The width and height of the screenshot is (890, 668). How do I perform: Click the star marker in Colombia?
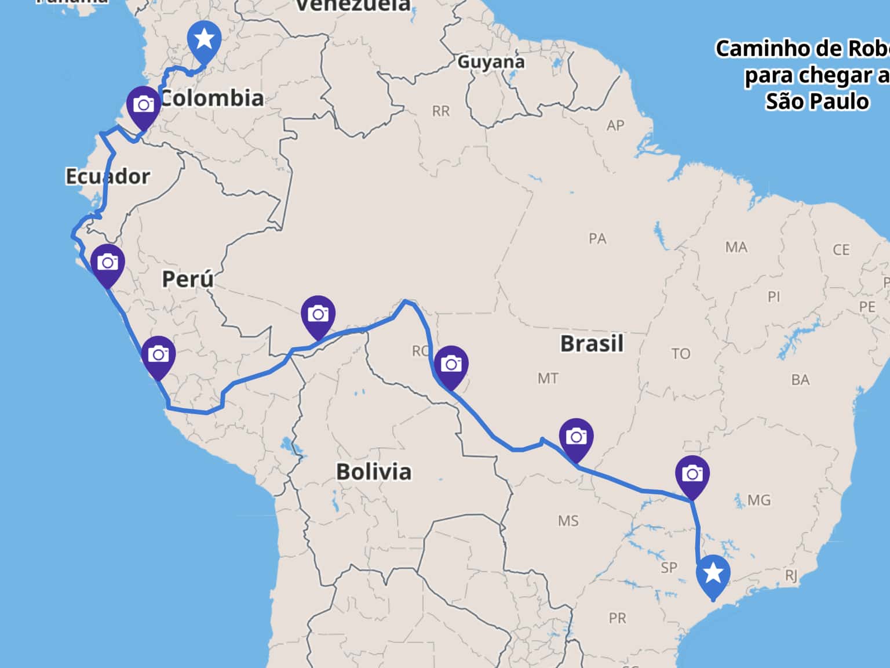click(x=204, y=40)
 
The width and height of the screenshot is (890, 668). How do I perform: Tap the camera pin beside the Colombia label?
click(x=144, y=105)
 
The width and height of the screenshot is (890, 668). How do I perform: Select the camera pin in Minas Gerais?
click(x=692, y=474)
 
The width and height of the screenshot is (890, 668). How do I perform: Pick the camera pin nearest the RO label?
click(x=451, y=365)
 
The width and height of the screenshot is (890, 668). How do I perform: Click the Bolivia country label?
click(x=374, y=471)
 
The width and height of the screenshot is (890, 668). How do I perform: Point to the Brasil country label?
click(x=592, y=343)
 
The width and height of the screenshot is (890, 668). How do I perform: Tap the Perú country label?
click(x=188, y=279)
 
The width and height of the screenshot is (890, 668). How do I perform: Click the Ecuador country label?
click(x=108, y=176)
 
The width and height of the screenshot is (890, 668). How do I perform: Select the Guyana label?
click(x=491, y=61)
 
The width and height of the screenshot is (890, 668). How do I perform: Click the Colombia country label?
click(x=212, y=98)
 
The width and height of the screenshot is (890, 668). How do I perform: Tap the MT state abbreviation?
click(x=548, y=379)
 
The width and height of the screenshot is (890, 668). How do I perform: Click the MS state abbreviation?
click(x=568, y=521)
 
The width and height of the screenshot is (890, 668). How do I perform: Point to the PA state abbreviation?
click(x=597, y=238)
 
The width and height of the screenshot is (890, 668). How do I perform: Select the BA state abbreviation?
click(x=800, y=380)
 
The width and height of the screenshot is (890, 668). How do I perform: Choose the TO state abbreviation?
click(x=681, y=354)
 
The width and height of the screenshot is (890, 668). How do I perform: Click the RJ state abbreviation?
click(x=791, y=575)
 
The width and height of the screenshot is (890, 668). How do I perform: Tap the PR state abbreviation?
click(x=617, y=618)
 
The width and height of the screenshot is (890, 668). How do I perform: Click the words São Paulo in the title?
click(x=817, y=101)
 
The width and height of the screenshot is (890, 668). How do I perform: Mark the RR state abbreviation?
click(x=440, y=111)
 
